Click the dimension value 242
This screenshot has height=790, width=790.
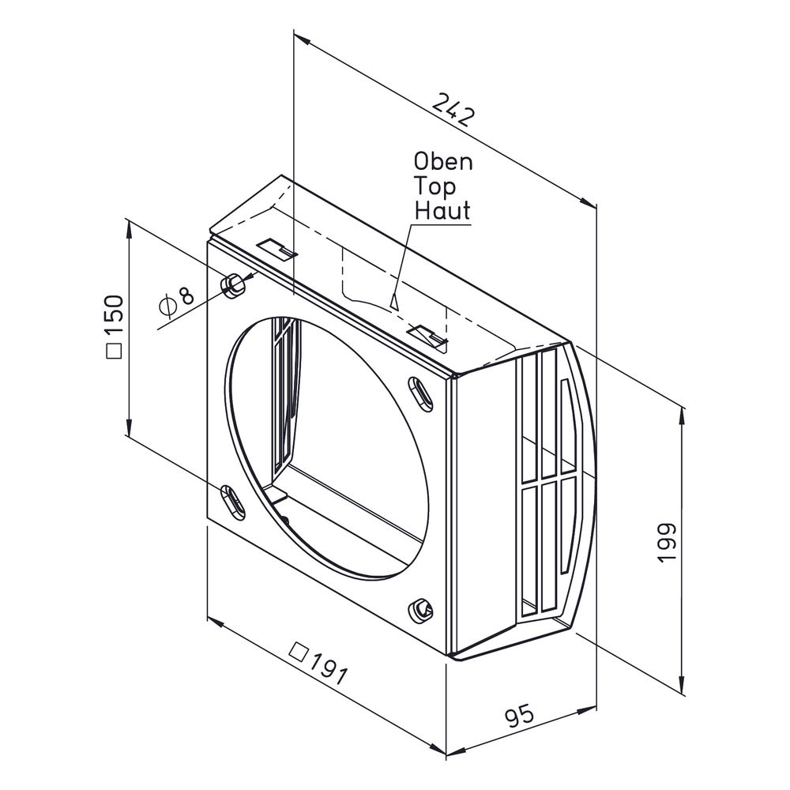(453, 109)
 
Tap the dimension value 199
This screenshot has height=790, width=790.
(667, 543)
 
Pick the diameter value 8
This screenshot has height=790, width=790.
(186, 296)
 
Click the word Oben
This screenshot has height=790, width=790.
(443, 162)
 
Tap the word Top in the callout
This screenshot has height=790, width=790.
(434, 187)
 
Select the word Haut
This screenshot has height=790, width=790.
(442, 211)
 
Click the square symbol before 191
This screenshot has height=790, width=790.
(299, 653)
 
